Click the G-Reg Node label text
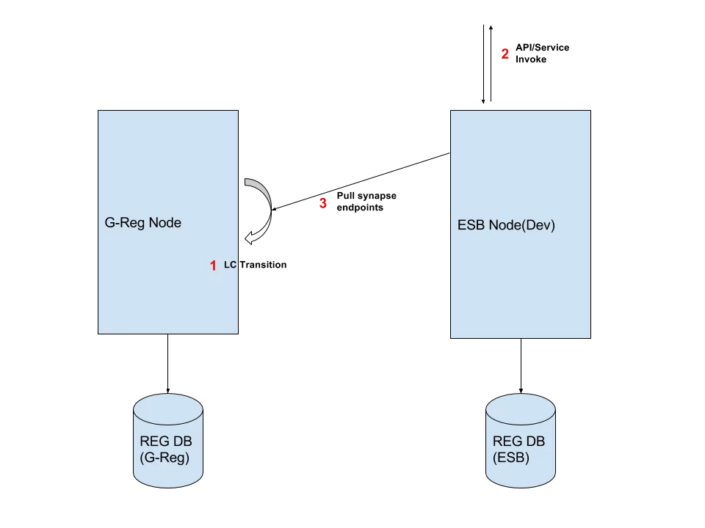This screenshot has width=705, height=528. [x=143, y=223]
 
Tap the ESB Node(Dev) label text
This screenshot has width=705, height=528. [x=506, y=225]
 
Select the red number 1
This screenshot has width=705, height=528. [x=213, y=265]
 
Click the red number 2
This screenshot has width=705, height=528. [x=505, y=54]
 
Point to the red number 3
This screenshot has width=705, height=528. [x=323, y=203]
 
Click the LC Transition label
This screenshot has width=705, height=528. [x=255, y=265]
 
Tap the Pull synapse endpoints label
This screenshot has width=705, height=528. [x=366, y=202]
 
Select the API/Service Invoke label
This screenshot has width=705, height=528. [x=542, y=54]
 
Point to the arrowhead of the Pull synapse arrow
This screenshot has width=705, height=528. [x=273, y=209]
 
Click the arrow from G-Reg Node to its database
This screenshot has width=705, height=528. [x=167, y=364]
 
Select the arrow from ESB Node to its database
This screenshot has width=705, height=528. [x=521, y=366]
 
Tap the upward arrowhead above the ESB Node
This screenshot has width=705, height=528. [x=491, y=28]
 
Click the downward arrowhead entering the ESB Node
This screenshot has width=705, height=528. [x=483, y=101]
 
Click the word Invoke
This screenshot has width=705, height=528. [x=531, y=59]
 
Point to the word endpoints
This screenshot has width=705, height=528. [x=360, y=208]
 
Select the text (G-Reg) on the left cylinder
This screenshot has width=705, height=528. [x=164, y=458]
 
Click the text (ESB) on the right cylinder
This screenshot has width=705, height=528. [x=511, y=458]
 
